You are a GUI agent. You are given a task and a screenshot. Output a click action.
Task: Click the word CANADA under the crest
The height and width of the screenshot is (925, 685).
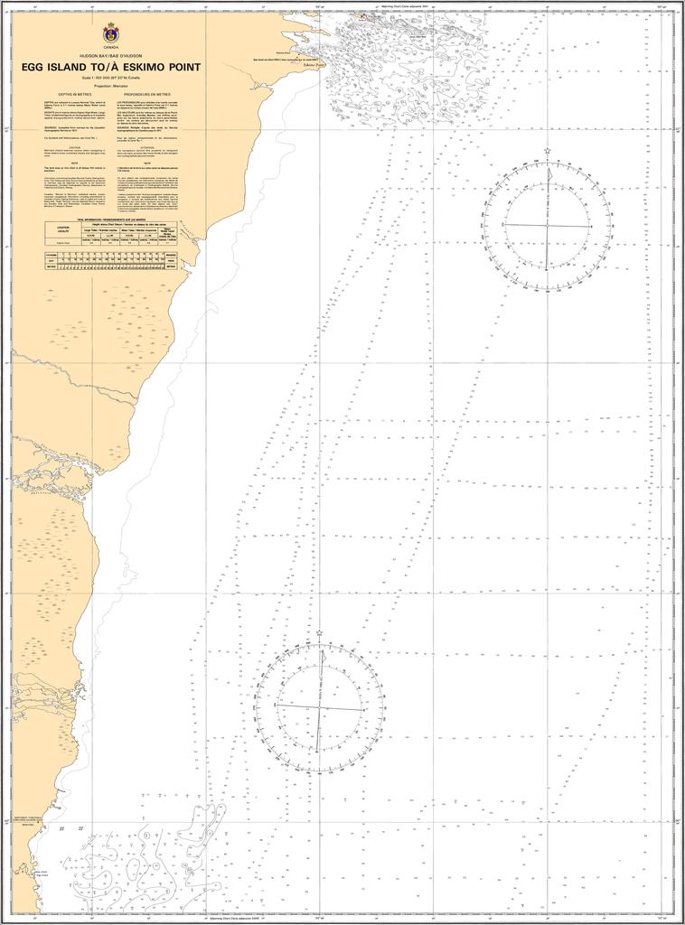(111, 46)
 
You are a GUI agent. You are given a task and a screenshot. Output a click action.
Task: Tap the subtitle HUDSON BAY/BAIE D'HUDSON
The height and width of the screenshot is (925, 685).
(111, 56)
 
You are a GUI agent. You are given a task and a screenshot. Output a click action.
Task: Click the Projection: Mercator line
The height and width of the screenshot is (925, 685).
(111, 85)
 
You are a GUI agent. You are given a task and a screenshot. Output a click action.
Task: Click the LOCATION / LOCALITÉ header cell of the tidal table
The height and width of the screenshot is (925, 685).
(63, 229)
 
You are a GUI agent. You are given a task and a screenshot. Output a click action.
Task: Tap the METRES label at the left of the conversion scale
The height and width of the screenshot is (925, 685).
(52, 266)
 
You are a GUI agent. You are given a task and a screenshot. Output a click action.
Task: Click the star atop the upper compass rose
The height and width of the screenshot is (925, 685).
(547, 152)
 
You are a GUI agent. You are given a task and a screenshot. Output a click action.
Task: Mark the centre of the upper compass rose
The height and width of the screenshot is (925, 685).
(547, 224)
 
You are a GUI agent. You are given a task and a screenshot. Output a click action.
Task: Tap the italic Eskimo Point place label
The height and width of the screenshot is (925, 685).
(310, 65)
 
